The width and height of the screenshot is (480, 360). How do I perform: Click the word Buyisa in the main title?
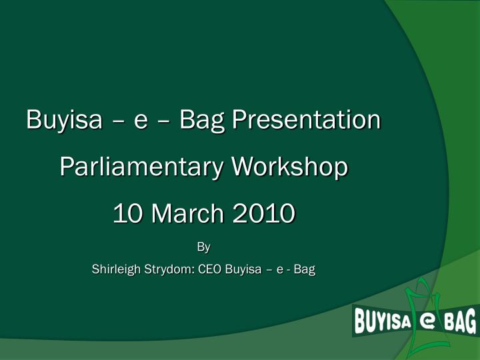64,121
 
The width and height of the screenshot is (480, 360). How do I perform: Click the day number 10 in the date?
127,214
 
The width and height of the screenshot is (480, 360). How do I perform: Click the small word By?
203,247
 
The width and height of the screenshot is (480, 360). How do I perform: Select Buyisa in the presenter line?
243,270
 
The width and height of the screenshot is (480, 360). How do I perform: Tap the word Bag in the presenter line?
305,270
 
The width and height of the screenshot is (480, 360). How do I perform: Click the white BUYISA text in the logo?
381,323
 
